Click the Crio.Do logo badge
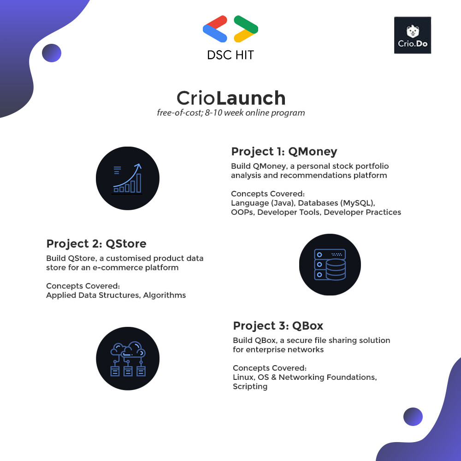pos(413,35)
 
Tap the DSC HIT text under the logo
pos(230,55)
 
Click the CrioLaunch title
pos(231,98)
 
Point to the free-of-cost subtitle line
pos(230,112)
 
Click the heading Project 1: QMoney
pos(284,152)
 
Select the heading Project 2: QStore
pos(96,243)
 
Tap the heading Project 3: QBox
pos(278,325)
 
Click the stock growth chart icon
pos(128,178)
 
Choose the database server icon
pos(330,264)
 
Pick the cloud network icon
pos(128,359)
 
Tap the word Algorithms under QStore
pos(165,295)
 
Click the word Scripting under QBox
pos(250,386)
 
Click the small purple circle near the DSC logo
pos(52,53)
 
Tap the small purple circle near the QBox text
pos(413,417)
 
